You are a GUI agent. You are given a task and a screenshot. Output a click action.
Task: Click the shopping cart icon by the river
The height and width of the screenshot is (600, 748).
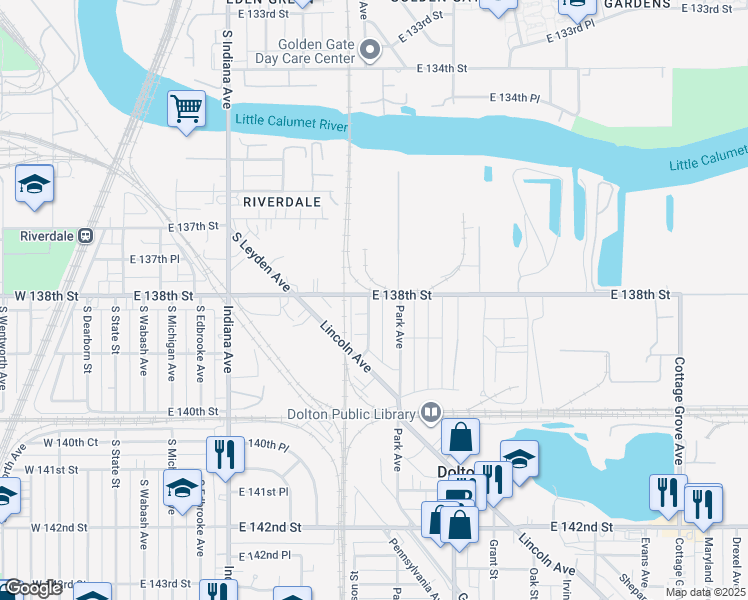[187, 107]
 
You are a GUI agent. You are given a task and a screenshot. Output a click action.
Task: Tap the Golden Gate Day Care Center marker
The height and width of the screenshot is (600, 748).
[372, 49]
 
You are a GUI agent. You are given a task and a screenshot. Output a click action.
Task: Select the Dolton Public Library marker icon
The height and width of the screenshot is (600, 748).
[431, 411]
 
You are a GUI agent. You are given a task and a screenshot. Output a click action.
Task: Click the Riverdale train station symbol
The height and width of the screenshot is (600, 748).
[86, 236]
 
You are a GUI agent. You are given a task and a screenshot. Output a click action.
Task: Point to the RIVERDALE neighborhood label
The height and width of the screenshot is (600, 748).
[282, 201]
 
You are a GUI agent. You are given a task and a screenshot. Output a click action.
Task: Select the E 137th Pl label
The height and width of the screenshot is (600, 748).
[155, 259]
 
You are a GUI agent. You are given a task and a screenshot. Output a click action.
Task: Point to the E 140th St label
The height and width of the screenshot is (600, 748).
[193, 411]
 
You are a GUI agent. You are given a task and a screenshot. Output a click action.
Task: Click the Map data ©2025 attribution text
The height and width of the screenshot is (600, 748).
[706, 592]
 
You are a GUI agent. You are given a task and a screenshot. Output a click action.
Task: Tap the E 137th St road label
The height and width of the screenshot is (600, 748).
[193, 227]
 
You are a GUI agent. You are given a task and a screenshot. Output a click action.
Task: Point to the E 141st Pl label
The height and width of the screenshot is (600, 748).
[264, 492]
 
